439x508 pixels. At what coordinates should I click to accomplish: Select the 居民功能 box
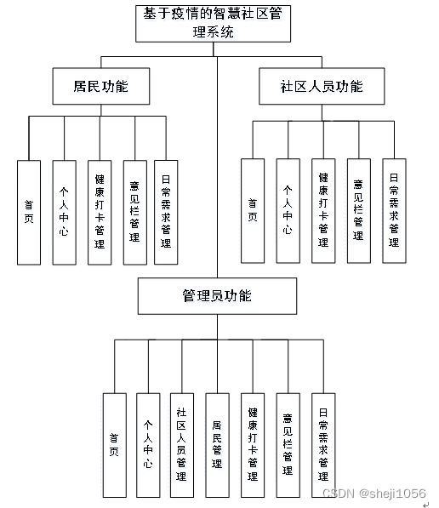(x=102, y=87)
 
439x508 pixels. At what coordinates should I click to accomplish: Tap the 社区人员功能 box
(x=322, y=87)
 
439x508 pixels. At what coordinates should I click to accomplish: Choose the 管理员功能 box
(x=217, y=296)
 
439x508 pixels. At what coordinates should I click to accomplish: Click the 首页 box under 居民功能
(x=29, y=212)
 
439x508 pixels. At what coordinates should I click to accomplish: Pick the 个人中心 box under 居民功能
(x=65, y=212)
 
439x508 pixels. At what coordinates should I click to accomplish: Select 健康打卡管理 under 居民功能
(x=100, y=212)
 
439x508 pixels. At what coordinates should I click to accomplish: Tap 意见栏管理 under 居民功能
(x=134, y=212)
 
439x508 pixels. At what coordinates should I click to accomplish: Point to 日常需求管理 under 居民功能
(x=166, y=212)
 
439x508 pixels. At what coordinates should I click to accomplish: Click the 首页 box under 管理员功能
(x=114, y=445)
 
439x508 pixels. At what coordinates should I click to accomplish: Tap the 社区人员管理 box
(x=182, y=445)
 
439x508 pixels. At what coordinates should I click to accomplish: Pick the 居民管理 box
(x=217, y=445)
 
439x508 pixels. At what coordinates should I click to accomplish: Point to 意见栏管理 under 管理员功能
(x=288, y=445)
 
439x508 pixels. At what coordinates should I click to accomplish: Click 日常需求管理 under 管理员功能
(x=323, y=445)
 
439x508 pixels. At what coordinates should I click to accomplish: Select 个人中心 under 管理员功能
(x=148, y=445)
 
